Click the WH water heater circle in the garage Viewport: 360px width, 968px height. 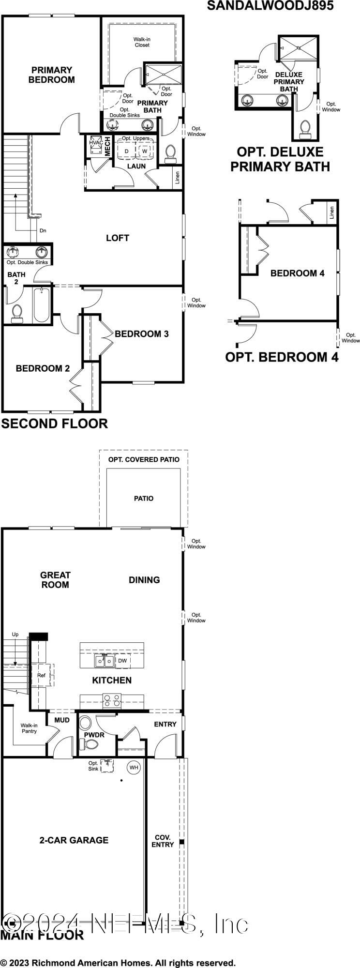point(134,767)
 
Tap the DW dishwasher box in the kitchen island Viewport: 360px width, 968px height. point(122,661)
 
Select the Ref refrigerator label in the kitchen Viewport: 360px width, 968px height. point(41,675)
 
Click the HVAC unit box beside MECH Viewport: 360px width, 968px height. point(93,146)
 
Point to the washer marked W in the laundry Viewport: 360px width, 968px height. point(144,151)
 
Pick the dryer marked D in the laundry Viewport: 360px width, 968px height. point(127,151)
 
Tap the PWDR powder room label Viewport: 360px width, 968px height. point(94,735)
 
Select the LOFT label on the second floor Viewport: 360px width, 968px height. point(118,238)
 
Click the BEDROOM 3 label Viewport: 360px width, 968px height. point(142,333)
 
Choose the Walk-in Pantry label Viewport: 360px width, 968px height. point(29,728)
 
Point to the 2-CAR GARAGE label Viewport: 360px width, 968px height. point(74,840)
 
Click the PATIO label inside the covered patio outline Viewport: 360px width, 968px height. point(144,498)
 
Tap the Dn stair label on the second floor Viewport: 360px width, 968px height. point(43,231)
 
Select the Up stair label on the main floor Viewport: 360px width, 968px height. point(15,634)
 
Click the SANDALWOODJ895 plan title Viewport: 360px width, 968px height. point(270,6)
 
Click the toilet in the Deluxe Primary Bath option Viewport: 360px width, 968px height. point(305,128)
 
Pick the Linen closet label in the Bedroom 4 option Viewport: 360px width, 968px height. point(332,212)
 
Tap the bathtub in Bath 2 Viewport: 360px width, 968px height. point(42,305)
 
